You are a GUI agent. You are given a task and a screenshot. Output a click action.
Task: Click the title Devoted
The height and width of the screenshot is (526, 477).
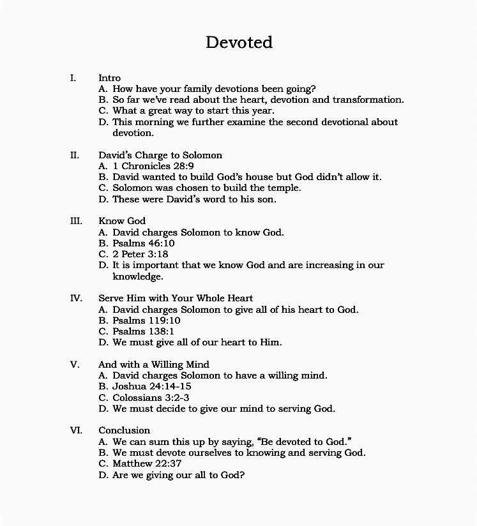click(x=239, y=42)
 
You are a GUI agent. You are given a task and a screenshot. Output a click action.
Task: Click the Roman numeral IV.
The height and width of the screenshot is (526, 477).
click(x=75, y=298)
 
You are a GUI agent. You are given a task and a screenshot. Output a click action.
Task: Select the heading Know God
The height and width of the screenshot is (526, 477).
click(x=122, y=222)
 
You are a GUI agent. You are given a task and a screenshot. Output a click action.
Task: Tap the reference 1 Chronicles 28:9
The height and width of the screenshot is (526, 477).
click(x=154, y=166)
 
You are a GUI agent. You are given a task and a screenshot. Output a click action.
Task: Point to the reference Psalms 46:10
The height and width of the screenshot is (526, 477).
click(x=144, y=243)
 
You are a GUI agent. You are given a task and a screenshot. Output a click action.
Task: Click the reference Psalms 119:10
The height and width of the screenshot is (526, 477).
click(x=146, y=320)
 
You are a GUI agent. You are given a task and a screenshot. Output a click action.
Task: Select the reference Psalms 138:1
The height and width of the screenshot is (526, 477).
click(x=144, y=331)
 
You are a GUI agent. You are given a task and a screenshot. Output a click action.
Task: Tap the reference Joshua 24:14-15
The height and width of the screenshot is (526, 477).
click(x=152, y=386)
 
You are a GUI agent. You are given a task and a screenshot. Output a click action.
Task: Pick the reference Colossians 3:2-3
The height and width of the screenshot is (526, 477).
click(x=151, y=397)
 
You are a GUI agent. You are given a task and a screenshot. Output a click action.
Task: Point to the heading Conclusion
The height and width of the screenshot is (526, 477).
click(x=124, y=430)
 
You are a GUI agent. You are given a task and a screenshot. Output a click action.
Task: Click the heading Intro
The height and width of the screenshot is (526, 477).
click(x=109, y=78)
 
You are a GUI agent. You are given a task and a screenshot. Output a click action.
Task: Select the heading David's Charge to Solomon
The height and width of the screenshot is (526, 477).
click(x=160, y=155)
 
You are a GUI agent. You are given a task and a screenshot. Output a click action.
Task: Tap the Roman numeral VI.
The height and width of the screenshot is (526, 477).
click(x=75, y=430)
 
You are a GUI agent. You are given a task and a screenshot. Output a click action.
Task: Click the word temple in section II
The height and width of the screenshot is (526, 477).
click(x=284, y=188)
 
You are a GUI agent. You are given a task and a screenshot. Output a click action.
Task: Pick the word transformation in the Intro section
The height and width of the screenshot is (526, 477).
click(x=368, y=100)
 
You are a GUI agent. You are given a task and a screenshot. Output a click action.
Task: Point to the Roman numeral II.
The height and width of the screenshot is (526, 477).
click(x=75, y=155)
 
